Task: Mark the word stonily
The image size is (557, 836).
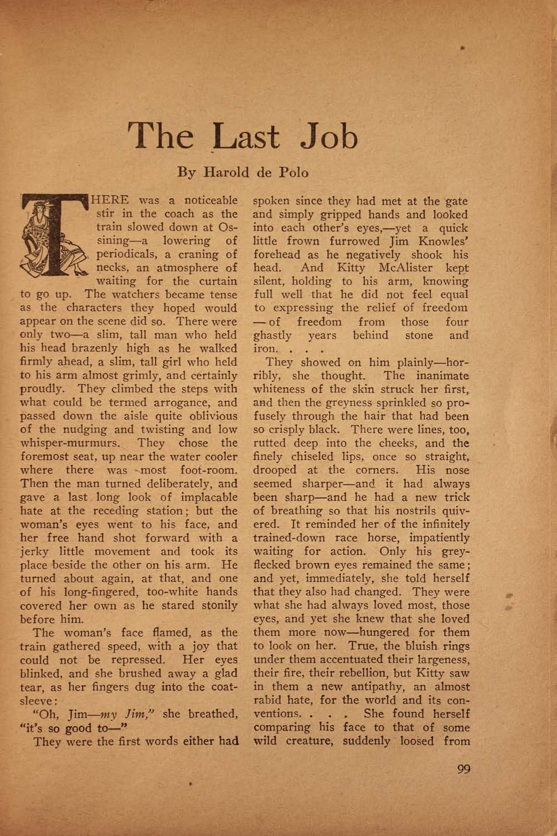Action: click(214, 606)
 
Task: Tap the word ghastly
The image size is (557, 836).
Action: click(272, 336)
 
